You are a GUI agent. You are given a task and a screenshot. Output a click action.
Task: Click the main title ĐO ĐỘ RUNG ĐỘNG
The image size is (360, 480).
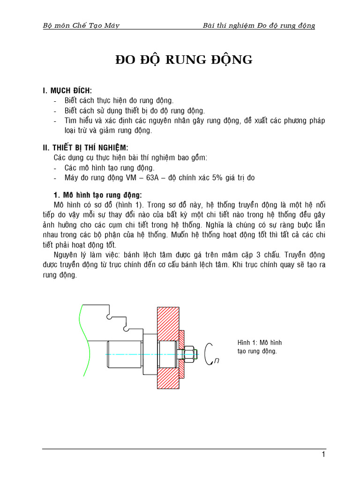(x=184, y=60)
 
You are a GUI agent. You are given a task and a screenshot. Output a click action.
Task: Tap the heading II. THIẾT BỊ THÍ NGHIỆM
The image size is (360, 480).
(x=85, y=148)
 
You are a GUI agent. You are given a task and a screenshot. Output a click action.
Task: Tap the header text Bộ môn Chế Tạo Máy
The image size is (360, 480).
(x=81, y=25)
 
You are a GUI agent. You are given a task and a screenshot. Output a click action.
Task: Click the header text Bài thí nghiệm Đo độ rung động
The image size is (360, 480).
(x=259, y=25)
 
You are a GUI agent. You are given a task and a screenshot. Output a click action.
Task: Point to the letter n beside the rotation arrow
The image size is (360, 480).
(x=216, y=360)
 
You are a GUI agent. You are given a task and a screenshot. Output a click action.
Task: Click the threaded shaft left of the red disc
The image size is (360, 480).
(x=124, y=354)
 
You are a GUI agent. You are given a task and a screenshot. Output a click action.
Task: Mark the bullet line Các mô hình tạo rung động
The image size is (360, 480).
(x=110, y=167)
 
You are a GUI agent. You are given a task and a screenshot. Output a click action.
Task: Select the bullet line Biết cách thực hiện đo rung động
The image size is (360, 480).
(x=119, y=100)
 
